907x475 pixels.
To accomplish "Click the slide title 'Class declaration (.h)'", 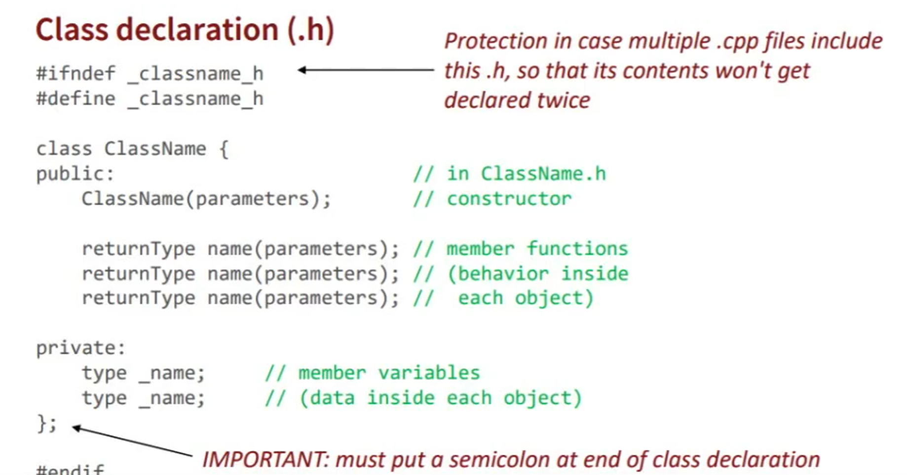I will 185,30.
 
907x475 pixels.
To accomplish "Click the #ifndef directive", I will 76,74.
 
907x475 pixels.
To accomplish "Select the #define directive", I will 76,99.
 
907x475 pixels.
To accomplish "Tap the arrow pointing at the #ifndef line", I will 365,70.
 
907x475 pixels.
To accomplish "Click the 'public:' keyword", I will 75,174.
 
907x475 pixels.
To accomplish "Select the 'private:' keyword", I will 80,348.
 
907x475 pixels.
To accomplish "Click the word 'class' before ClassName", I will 64,149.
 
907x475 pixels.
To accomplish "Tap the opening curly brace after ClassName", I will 224,149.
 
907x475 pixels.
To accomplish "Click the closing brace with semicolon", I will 47,423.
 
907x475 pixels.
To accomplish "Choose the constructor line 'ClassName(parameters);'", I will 206,199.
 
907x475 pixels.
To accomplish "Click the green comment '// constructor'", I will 492,199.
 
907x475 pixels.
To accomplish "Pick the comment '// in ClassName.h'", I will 509,174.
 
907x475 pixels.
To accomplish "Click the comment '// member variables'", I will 372,373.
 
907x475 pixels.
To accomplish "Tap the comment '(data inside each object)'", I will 441,398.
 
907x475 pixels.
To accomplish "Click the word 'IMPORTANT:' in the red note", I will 265,460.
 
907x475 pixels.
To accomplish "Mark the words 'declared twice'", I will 517,100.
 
